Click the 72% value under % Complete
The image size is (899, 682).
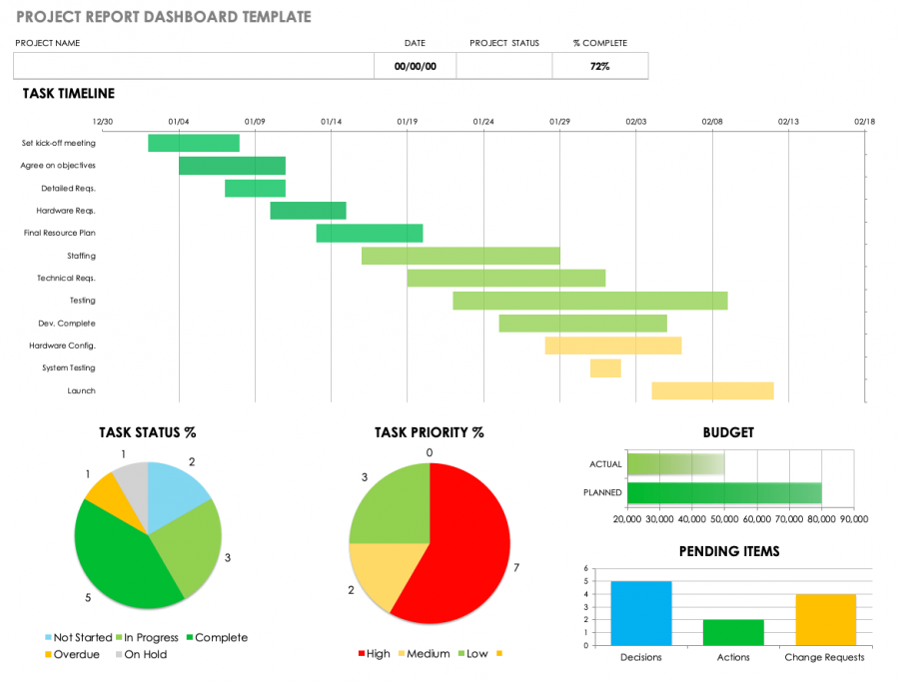pyautogui.click(x=599, y=66)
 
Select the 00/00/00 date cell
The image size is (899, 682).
pyautogui.click(x=414, y=66)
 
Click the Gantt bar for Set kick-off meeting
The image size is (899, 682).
pyautogui.click(x=194, y=143)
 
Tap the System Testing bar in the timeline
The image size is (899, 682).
pyautogui.click(x=605, y=367)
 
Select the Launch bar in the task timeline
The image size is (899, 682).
pyautogui.click(x=712, y=390)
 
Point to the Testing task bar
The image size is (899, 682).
pyautogui.click(x=589, y=301)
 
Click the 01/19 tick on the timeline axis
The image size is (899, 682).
pyautogui.click(x=407, y=122)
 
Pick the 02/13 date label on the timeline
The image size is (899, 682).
pyautogui.click(x=788, y=122)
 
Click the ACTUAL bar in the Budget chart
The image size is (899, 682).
pyautogui.click(x=675, y=464)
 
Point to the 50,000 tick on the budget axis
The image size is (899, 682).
pyautogui.click(x=725, y=519)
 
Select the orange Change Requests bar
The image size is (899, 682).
pyautogui.click(x=825, y=619)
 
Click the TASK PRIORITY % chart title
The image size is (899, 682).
pyautogui.click(x=429, y=433)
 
